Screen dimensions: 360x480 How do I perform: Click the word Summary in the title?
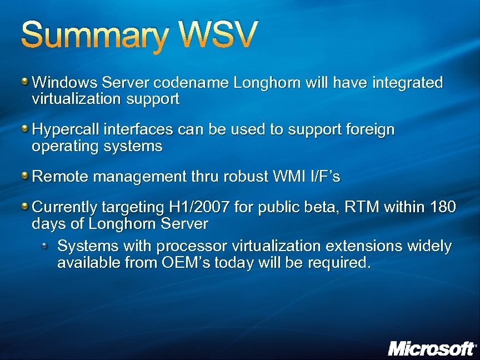tap(94, 36)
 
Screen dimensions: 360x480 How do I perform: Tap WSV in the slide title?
tap(217, 35)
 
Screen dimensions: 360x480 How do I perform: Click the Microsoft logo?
tap(432, 348)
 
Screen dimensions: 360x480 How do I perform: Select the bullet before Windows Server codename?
tap(26, 82)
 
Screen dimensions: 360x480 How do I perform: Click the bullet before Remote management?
tap(26, 176)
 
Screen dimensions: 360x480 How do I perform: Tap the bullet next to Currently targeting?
tap(26, 207)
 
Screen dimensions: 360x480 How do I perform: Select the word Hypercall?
tap(63, 130)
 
